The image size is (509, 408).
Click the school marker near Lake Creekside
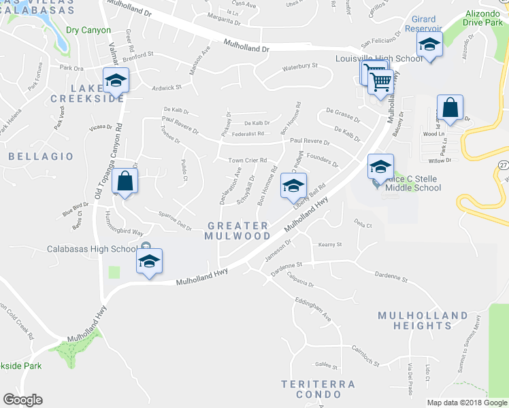point(116,81)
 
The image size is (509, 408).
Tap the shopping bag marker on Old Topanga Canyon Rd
point(125,182)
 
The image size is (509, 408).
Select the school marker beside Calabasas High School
point(149,260)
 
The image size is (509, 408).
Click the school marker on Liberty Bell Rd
point(293,186)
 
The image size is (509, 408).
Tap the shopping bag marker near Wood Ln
point(450,107)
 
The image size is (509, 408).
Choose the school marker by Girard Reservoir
point(429,45)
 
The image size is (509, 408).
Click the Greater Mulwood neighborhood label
point(237,231)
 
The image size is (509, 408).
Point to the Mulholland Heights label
point(423,320)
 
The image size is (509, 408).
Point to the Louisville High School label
point(379,58)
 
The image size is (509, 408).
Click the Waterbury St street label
point(300,65)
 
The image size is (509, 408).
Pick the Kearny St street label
point(329,244)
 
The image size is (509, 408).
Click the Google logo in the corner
point(22,400)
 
